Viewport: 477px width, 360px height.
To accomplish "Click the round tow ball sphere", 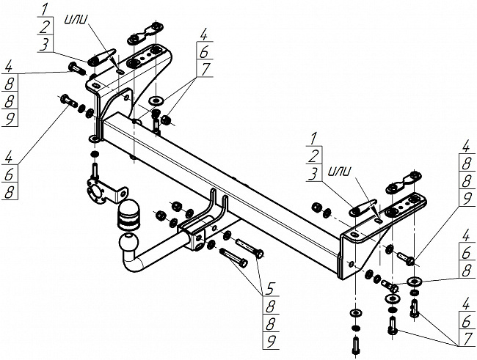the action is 128,243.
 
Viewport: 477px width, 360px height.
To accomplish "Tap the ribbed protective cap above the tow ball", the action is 128,216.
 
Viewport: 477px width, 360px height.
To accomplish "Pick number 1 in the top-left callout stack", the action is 45,10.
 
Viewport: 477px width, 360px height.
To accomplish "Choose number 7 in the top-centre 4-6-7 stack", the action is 205,69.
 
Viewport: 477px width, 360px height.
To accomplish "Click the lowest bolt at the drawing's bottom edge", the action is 355,346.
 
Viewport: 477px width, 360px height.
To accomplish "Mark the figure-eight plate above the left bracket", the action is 146,33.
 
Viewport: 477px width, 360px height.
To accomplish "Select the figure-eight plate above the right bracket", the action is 404,183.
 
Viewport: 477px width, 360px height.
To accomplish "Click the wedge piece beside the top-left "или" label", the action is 101,57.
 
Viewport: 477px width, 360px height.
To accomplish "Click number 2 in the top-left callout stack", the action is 45,26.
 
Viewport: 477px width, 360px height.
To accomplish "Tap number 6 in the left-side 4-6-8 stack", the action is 9,175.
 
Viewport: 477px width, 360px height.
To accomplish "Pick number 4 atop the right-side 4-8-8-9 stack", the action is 465,147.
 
